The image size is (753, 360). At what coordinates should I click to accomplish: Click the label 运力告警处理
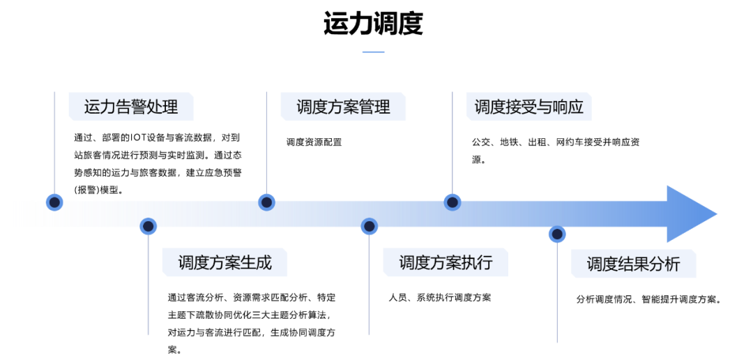130,107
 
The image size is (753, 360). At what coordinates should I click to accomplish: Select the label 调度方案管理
343,107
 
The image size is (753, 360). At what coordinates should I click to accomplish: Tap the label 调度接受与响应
528,107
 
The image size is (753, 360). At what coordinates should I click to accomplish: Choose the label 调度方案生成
225,263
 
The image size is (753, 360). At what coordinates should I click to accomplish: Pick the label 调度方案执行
446,263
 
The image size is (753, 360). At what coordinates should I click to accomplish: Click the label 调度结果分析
633,264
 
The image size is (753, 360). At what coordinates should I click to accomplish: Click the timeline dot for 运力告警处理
54,202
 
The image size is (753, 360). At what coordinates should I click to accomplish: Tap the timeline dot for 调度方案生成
148,226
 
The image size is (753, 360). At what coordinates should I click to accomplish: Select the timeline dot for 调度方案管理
266,202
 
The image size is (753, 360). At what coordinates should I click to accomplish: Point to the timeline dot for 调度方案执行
369,226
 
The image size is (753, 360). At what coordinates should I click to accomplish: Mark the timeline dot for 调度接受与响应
452,202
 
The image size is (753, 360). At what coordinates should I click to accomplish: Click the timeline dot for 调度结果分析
557,234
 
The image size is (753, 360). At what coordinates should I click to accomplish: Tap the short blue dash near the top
374,52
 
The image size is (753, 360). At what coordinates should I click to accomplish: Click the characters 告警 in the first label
130,107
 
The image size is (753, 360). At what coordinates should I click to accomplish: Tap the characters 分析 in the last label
664,264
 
